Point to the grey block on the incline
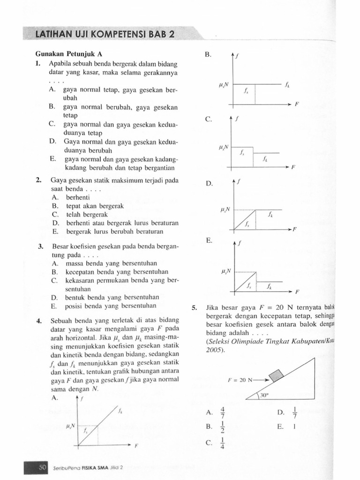(276, 376)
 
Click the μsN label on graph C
(223, 147)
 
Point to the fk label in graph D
(270, 215)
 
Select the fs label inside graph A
(86, 430)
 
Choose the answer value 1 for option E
(293, 427)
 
